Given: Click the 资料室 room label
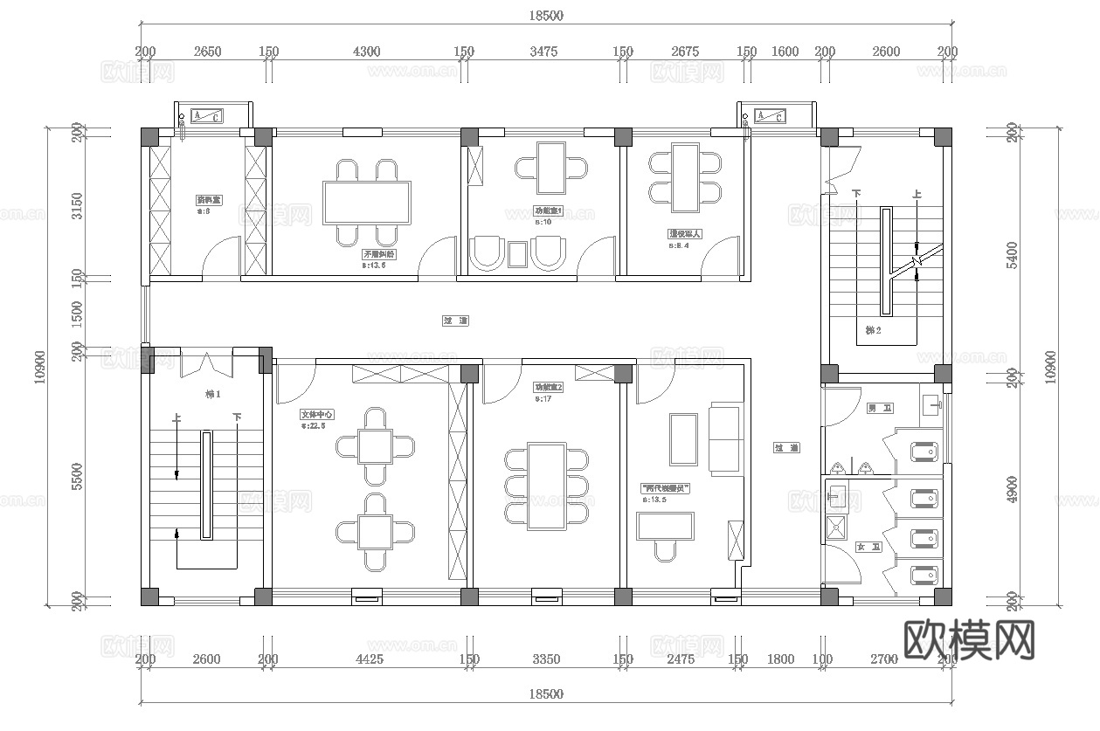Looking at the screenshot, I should coord(208,200).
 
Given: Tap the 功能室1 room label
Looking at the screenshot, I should coord(549,210).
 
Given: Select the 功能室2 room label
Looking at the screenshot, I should coord(549,387).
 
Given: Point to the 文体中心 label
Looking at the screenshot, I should coord(318,415).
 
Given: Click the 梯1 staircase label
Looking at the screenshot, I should coord(212,394).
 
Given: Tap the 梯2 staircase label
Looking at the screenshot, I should coord(873,330).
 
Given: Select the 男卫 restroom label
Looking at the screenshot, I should coord(874,408).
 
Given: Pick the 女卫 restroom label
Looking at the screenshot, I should coord(868,547).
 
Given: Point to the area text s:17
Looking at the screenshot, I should coord(543,398).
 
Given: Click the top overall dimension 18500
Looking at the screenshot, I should coord(546,15).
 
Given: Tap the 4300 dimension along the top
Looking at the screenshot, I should coord(366,52).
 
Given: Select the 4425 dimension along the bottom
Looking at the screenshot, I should coord(370,659).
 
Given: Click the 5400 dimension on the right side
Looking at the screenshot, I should coord(1012,253).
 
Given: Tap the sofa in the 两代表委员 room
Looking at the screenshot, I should coord(723,439).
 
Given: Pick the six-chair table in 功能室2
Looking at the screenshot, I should coord(547,486).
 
